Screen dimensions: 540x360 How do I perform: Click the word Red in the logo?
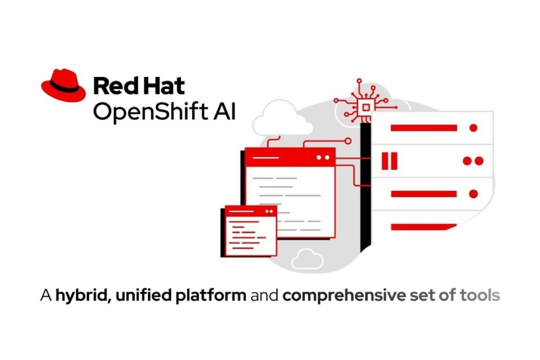115,86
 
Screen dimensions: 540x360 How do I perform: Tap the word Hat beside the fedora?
163,86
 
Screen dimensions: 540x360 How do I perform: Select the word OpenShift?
150,112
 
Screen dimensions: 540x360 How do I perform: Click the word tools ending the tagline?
480,295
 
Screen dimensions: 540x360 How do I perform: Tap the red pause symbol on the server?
390,161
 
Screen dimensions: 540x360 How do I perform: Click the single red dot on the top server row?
474,128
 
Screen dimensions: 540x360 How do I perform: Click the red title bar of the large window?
290,158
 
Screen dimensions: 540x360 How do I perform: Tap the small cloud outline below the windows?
307,259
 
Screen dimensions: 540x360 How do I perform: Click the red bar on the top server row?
423,128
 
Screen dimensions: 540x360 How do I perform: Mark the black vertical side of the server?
365,187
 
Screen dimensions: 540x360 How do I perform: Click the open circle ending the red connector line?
348,141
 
